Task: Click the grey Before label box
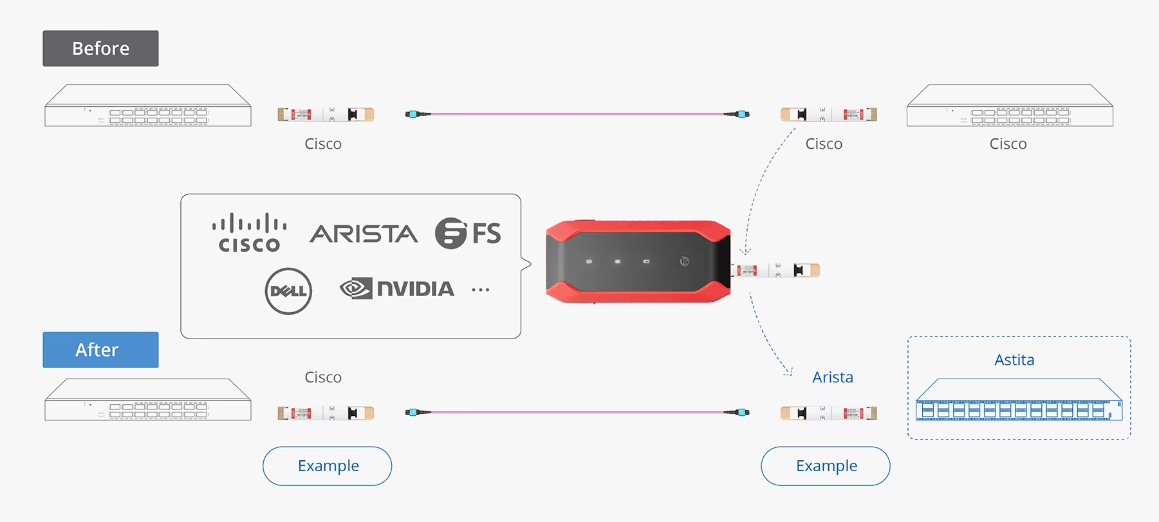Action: [x=100, y=48]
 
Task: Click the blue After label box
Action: [x=100, y=350]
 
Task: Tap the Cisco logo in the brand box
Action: [x=250, y=233]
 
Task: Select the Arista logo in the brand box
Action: [x=364, y=234]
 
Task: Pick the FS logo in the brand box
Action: [x=468, y=233]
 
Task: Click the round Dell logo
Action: [x=288, y=291]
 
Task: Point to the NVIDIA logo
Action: [x=397, y=288]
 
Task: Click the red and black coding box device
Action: [x=638, y=261]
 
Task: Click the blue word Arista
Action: [x=832, y=377]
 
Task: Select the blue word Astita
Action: [x=1014, y=360]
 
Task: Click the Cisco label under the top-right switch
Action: [x=1008, y=144]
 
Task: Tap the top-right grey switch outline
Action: [x=1009, y=106]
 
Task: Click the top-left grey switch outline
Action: [x=147, y=106]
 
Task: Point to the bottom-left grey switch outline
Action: [x=147, y=400]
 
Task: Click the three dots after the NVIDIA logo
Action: [x=480, y=290]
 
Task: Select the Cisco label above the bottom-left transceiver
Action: [x=323, y=377]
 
